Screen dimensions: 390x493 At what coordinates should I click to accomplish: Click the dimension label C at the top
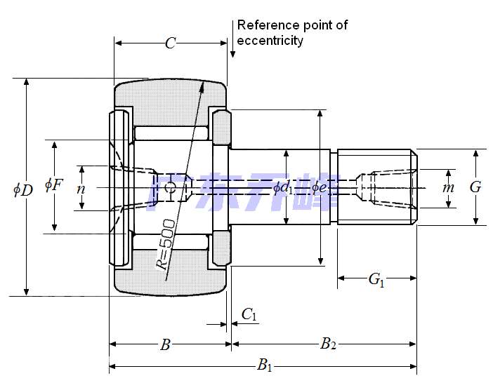170,43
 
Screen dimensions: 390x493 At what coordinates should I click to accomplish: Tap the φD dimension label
23,189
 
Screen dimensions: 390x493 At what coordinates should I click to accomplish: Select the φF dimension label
53,185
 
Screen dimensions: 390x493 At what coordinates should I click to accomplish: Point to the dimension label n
81,188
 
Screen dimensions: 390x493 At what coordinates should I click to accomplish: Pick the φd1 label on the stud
284,187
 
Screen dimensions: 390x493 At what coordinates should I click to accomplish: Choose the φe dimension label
320,187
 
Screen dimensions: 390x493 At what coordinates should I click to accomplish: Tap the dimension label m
449,188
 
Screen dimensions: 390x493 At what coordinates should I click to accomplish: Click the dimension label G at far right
475,187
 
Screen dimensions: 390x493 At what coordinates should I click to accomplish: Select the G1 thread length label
376,280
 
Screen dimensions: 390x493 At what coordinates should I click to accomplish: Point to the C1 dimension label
249,315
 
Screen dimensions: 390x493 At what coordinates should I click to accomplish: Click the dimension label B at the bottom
165,344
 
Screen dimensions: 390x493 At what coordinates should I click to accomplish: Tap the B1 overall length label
264,364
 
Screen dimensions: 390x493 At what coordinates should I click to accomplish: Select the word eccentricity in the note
270,41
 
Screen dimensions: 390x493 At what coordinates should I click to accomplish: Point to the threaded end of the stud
377,187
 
